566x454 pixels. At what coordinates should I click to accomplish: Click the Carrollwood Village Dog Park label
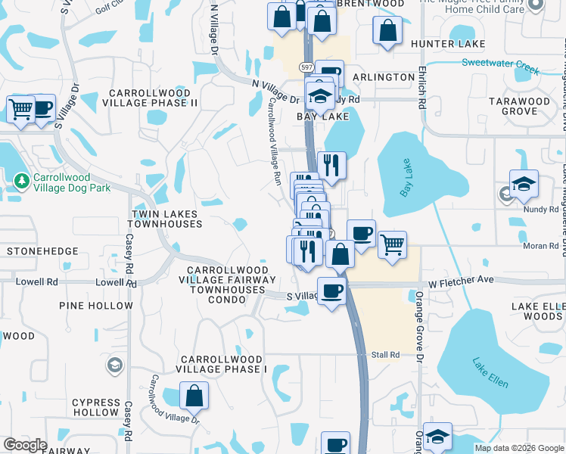pyautogui.click(x=72, y=187)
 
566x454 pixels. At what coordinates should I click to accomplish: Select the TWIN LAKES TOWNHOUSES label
pyautogui.click(x=167, y=219)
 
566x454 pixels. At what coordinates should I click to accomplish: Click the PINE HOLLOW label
pyautogui.click(x=95, y=306)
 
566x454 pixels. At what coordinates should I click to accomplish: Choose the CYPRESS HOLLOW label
pyautogui.click(x=96, y=407)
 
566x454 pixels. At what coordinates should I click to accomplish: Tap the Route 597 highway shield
pyautogui.click(x=306, y=67)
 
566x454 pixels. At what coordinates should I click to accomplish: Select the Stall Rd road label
pyautogui.click(x=384, y=354)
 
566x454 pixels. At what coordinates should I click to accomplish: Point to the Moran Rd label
pyautogui.click(x=540, y=247)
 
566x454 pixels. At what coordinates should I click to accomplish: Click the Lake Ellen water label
pyautogui.click(x=490, y=372)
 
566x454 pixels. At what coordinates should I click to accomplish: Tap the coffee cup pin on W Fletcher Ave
pyautogui.click(x=331, y=291)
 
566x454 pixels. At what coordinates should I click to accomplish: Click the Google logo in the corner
pyautogui.click(x=25, y=445)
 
